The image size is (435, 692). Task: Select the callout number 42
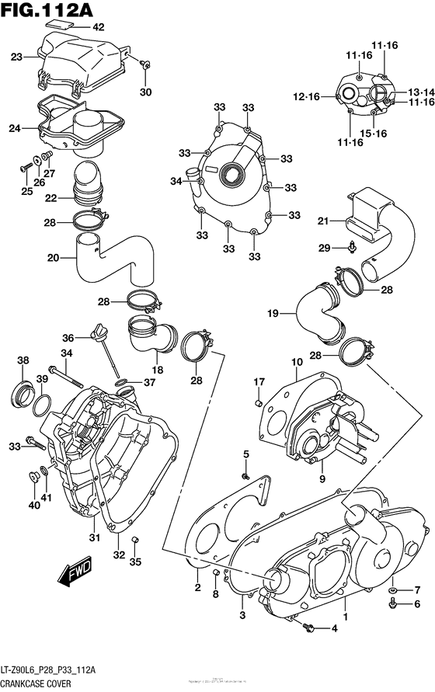pos(99,27)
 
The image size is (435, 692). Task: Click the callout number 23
pos(17,55)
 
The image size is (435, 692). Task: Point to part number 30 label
pos(145,93)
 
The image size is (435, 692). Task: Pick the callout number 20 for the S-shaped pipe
pos(54,258)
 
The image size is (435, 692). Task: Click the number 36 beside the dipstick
pos(68,338)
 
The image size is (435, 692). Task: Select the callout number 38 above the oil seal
pos(23,360)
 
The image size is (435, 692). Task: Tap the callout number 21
pos(323,222)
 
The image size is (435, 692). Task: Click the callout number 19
pos(294,314)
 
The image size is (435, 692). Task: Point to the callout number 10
pos(297,362)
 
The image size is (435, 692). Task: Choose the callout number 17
pos(259,381)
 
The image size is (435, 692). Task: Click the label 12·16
pos(306,96)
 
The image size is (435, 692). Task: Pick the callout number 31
pos(95,539)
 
